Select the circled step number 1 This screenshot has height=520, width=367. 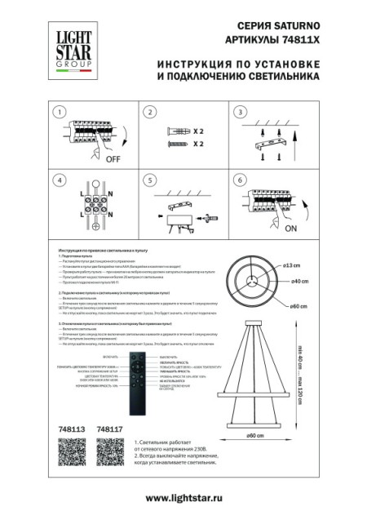tap(59, 112)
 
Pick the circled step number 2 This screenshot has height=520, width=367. tap(149, 112)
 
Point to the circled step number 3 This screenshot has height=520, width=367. tap(240, 112)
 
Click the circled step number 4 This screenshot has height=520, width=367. tap(59, 180)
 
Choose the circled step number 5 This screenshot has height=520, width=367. tap(149, 180)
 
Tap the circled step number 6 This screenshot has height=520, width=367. tap(240, 180)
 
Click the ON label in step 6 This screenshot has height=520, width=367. tap(290, 229)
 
